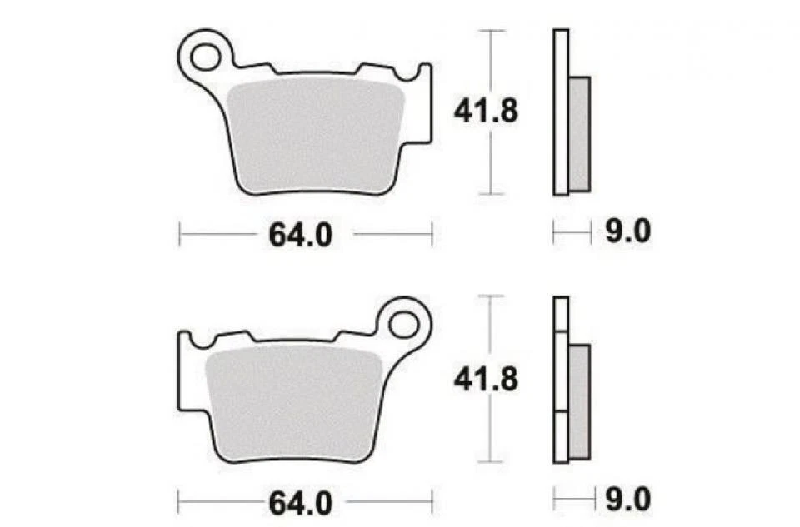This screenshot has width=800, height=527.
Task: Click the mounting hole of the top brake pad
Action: tap(203, 57)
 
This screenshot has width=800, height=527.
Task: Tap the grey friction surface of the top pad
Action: tap(315, 137)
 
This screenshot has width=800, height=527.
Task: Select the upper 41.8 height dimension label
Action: tap(485, 111)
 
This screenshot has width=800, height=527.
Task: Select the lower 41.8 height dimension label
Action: tap(485, 379)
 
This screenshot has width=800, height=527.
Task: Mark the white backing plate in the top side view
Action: tap(561, 112)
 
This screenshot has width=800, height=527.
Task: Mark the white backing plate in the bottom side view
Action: tap(561, 379)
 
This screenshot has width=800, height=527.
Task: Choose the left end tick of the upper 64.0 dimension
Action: tap(180, 234)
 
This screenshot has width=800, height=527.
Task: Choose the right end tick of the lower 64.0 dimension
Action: tap(432, 502)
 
